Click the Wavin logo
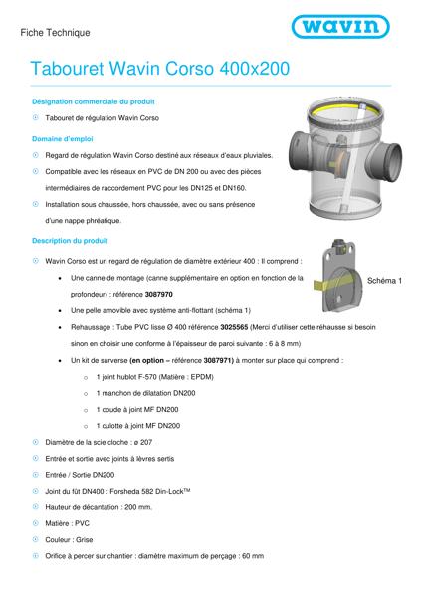click(340, 26)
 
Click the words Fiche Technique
click(55, 33)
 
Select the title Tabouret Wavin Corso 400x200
click(160, 69)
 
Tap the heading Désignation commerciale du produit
click(94, 101)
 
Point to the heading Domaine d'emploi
click(63, 139)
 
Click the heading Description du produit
click(70, 241)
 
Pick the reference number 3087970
click(159, 294)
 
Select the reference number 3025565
click(234, 327)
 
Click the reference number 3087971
click(218, 360)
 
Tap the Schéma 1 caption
click(384, 281)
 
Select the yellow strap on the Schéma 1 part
click(331, 283)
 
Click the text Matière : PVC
click(67, 524)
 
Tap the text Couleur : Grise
click(69, 540)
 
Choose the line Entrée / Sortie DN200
click(80, 475)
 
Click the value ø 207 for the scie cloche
click(143, 443)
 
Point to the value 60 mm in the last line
click(253, 556)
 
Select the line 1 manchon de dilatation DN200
click(145, 393)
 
